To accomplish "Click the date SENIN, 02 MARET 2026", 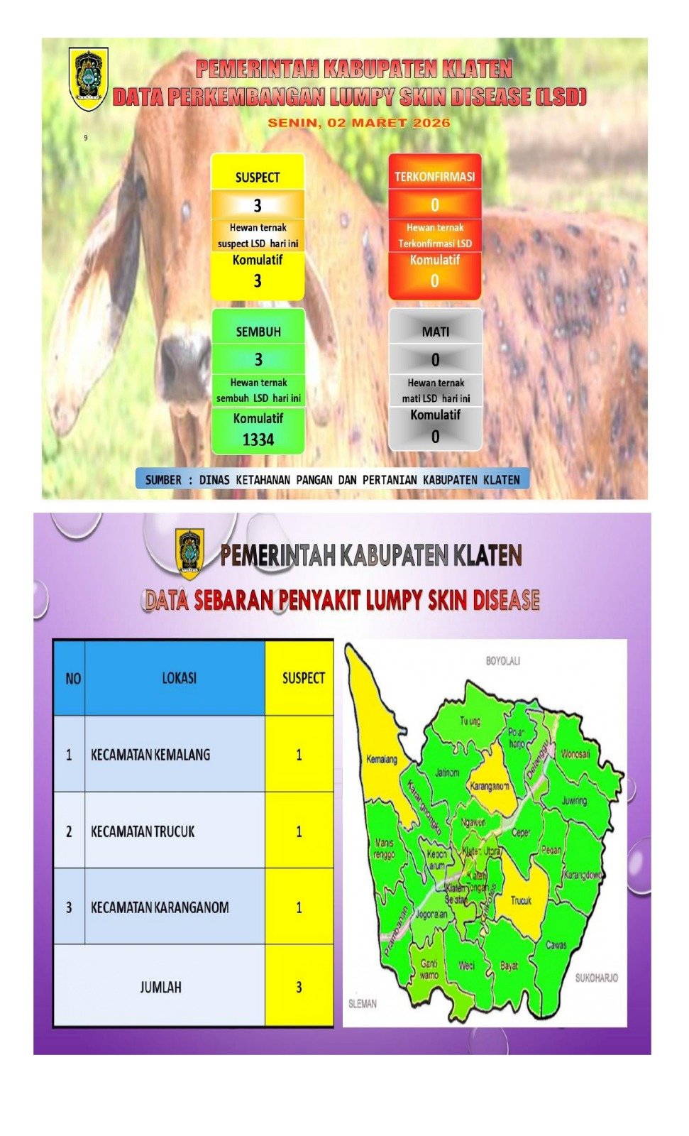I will click(358, 123).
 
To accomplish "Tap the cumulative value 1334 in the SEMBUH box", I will click(258, 440).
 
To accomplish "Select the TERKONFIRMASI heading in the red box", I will click(434, 177).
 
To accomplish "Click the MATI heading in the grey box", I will click(435, 332).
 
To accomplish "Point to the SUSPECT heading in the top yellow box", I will click(258, 177).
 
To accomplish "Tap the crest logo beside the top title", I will click(89, 78).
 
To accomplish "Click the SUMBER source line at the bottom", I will click(332, 480).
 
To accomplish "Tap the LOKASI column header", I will click(179, 678).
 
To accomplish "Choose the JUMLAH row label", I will click(160, 987).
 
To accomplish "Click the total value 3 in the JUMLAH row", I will click(299, 987).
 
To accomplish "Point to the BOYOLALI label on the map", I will click(502, 661).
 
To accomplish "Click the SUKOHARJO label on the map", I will click(596, 978).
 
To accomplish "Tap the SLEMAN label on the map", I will click(363, 1003).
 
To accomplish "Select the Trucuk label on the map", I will click(522, 900).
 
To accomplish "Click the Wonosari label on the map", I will click(575, 753).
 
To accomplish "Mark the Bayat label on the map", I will click(509, 966).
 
